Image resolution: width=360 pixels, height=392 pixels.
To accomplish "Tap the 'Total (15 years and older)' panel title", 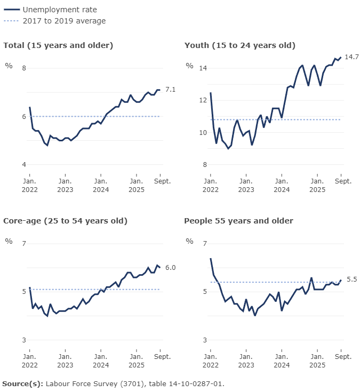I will pos(58,45).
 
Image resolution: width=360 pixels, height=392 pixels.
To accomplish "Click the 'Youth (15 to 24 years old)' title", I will pos(239,45).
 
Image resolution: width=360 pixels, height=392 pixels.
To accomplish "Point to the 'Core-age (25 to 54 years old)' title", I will pos(65,221).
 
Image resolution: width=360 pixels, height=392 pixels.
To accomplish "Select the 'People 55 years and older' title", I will pos(238,221).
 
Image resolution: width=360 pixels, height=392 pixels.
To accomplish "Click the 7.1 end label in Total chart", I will pos(171,90).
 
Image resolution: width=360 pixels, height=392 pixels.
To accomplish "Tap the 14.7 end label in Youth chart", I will pos(351,57).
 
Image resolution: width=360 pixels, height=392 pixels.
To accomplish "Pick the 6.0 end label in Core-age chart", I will pos(171,267).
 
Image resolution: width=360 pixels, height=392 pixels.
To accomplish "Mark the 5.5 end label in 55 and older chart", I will pos(351,279).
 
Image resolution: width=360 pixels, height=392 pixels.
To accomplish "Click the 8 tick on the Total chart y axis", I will pos(23,68).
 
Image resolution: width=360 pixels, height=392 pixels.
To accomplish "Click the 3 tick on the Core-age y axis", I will pos(23,340).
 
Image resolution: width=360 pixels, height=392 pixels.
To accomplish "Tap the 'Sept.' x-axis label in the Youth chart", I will pos(343,181).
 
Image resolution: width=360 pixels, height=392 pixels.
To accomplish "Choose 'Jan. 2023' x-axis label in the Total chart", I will pos(65,185).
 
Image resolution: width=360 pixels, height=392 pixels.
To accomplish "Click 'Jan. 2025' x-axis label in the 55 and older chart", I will pos(317,361).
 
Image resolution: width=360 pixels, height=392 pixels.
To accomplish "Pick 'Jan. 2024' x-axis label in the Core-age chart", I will pos(100,361).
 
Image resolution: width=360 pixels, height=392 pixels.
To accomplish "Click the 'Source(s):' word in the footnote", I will pos(22,383).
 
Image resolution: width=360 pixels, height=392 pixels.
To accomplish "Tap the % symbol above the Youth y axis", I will pos(189,66).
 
